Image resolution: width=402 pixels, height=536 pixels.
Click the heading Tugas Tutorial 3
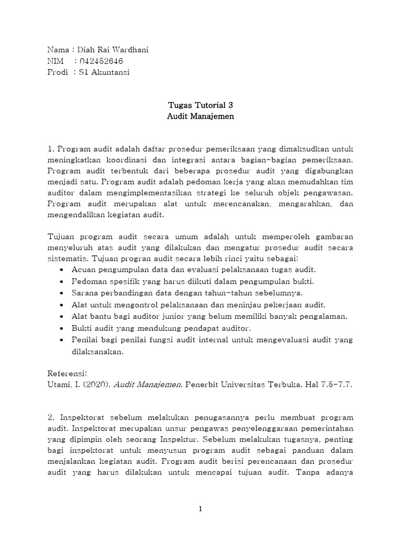pyautogui.click(x=200, y=105)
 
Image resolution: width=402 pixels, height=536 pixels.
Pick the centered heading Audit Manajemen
pyautogui.click(x=200, y=117)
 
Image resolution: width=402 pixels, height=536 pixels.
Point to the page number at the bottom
pyautogui.click(x=200, y=509)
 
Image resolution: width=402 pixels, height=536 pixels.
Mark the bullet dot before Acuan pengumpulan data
pyautogui.click(x=63, y=270)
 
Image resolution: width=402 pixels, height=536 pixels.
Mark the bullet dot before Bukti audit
pyautogui.click(x=63, y=328)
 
